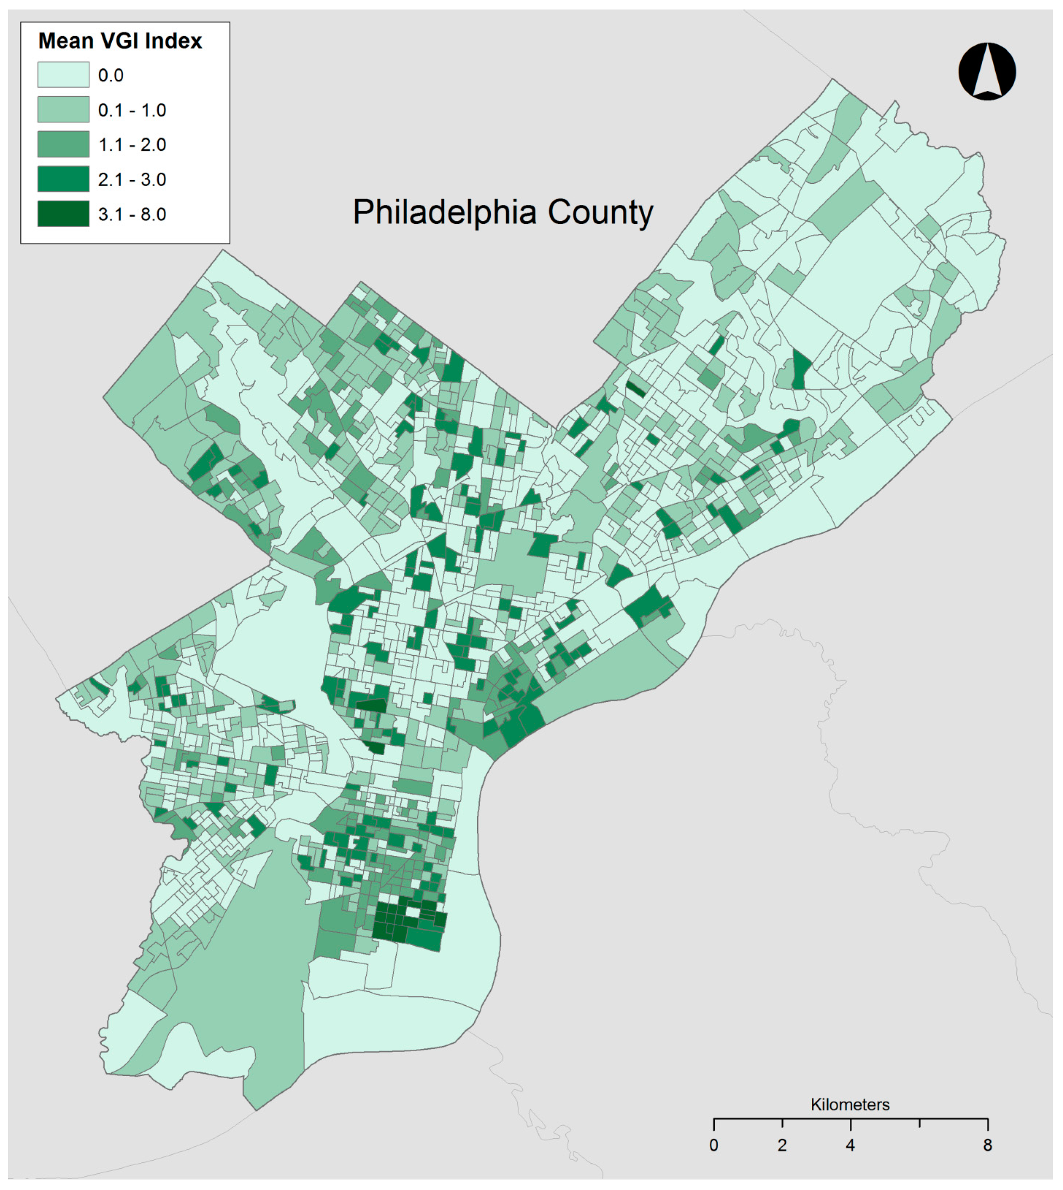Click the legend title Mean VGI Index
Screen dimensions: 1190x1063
[x=120, y=41]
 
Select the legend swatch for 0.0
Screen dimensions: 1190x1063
[x=63, y=75]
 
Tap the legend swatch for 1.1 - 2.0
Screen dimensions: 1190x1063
[x=63, y=144]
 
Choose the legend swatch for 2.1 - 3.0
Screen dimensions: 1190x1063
[x=63, y=179]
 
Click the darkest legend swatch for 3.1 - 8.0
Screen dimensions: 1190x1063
[x=63, y=214]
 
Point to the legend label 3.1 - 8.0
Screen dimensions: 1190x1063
[x=132, y=214]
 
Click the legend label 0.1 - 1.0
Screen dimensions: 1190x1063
[x=132, y=110]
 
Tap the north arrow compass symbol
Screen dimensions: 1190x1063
[x=987, y=71]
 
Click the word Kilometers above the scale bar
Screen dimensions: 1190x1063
[x=850, y=1104]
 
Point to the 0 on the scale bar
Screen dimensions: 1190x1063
[x=714, y=1146]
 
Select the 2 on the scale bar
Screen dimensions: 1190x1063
[x=782, y=1146]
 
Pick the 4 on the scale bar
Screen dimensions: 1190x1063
[x=850, y=1146]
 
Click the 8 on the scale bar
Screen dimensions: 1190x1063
[x=987, y=1146]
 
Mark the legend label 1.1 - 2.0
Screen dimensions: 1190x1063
[x=132, y=145]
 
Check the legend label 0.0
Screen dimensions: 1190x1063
[x=110, y=76]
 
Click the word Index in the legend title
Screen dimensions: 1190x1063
[x=173, y=41]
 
